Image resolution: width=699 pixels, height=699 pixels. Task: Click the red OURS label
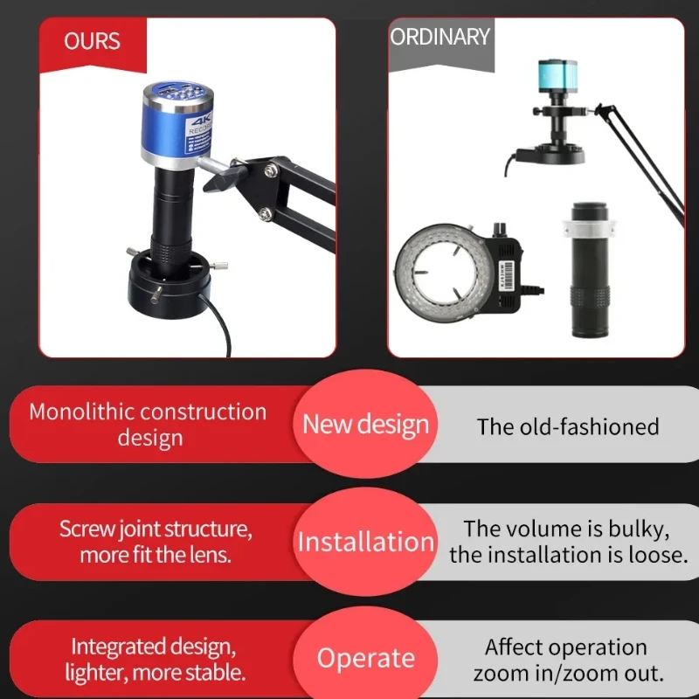pyautogui.click(x=92, y=42)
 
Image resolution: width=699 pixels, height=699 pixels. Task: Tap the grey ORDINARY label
pyautogui.click(x=439, y=38)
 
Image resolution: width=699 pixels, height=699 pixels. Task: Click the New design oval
pyautogui.click(x=365, y=426)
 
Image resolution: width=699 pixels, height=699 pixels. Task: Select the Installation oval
pyautogui.click(x=365, y=542)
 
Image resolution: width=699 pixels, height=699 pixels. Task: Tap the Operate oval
pyautogui.click(x=365, y=658)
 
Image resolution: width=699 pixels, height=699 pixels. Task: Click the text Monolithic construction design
pyautogui.click(x=148, y=424)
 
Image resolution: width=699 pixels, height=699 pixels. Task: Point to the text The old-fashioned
pyautogui.click(x=567, y=426)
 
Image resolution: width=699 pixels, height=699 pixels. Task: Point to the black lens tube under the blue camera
pyautogui.click(x=171, y=210)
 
